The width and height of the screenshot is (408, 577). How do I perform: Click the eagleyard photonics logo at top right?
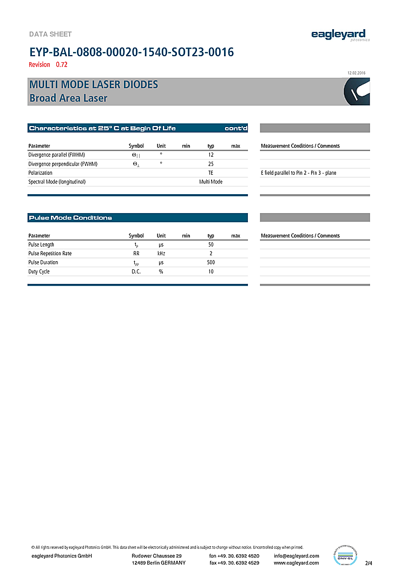pyautogui.click(x=340, y=35)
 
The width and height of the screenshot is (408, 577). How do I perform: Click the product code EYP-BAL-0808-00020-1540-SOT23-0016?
pyautogui.click(x=131, y=52)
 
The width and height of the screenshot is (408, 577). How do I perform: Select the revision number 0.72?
pyautogui.click(x=62, y=65)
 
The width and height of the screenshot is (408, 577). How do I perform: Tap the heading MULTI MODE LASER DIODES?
pyautogui.click(x=94, y=85)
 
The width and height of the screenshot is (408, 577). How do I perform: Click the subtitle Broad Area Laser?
pyautogui.click(x=68, y=98)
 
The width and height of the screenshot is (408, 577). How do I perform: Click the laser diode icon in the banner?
pyautogui.click(x=357, y=92)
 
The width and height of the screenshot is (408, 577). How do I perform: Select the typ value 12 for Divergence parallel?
pyautogui.click(x=211, y=155)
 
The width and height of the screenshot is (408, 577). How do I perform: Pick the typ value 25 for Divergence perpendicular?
pyautogui.click(x=211, y=164)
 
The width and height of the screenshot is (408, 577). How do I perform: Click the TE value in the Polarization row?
pyautogui.click(x=211, y=173)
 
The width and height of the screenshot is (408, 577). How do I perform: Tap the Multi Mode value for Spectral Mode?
pyautogui.click(x=211, y=182)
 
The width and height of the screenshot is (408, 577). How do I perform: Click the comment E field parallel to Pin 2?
pyautogui.click(x=302, y=173)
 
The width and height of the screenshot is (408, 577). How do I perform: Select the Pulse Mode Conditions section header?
pyautogui.click(x=70, y=218)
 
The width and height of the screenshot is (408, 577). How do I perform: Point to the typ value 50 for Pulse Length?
pyautogui.click(x=211, y=244)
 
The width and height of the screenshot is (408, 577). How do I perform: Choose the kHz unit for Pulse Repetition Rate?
pyautogui.click(x=161, y=254)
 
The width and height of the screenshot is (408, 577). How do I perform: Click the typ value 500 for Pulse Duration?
pyautogui.click(x=211, y=262)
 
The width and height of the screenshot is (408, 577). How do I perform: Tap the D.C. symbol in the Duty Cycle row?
pyautogui.click(x=136, y=271)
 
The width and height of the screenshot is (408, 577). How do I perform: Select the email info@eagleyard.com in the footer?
pyautogui.click(x=297, y=556)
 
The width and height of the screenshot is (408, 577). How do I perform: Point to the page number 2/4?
pyautogui.click(x=369, y=563)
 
